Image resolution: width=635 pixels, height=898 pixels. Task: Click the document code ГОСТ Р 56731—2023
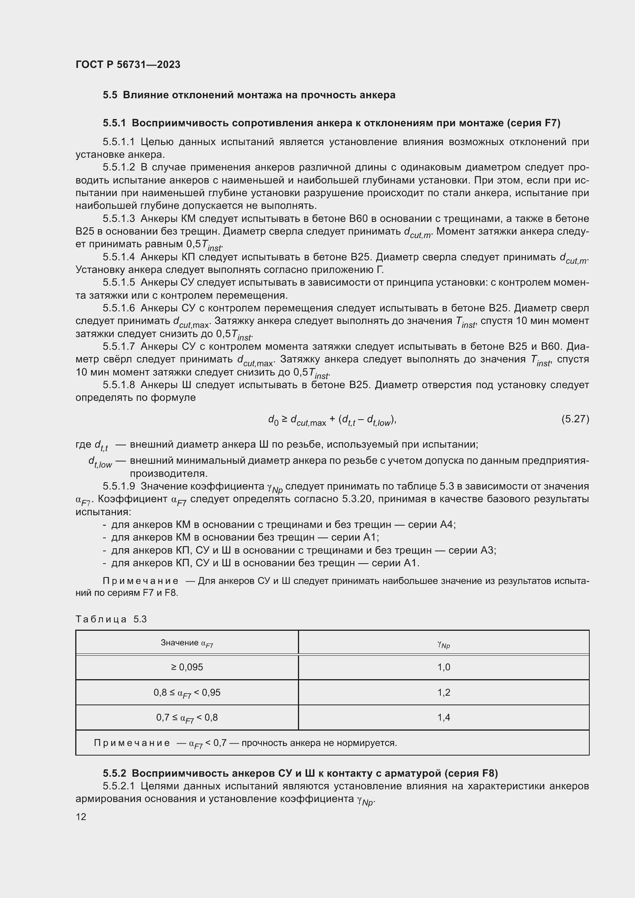coord(128,64)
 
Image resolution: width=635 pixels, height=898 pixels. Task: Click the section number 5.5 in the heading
coord(110,95)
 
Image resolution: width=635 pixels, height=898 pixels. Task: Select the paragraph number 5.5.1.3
coord(119,218)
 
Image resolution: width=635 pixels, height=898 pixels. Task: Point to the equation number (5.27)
coord(575,419)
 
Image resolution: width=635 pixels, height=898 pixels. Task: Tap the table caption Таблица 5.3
coord(111,619)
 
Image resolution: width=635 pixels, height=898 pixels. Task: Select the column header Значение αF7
coord(187,643)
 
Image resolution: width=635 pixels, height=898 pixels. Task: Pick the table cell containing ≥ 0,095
coord(187,667)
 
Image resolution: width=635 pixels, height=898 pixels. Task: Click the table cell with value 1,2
coord(443,692)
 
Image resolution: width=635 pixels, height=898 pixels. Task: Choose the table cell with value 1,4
coord(443,717)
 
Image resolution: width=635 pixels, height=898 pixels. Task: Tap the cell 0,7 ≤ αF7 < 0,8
coord(187,718)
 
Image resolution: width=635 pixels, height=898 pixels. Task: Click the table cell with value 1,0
coord(443,667)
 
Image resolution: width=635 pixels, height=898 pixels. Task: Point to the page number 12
coord(81,817)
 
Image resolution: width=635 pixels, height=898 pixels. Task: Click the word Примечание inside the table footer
coord(132,743)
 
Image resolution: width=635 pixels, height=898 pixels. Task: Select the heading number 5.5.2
coord(114,773)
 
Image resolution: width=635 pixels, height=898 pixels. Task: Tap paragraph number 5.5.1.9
coord(119,486)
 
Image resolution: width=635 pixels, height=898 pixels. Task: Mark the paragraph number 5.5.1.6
coord(119,309)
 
